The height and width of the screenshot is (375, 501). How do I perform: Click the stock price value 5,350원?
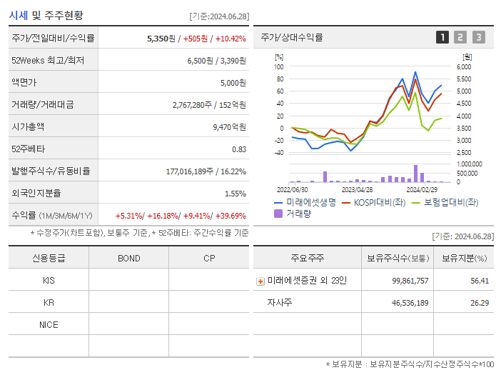(x=161, y=38)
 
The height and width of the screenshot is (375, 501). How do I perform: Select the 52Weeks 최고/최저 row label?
(x=48, y=60)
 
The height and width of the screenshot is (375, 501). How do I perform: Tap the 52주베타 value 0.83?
(x=239, y=149)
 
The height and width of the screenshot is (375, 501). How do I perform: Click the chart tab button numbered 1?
(x=442, y=37)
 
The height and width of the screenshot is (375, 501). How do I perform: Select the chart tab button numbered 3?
(x=478, y=37)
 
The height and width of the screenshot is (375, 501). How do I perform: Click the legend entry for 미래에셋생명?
(x=305, y=202)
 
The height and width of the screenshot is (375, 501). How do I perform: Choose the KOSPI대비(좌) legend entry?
(x=378, y=202)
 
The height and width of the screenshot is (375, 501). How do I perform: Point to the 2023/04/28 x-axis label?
(x=358, y=190)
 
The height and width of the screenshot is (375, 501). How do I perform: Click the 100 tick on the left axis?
(x=279, y=66)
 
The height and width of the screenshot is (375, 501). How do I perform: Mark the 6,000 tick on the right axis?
(x=464, y=66)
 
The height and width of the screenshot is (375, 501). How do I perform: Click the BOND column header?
(x=128, y=258)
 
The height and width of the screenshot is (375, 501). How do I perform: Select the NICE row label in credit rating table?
(x=49, y=324)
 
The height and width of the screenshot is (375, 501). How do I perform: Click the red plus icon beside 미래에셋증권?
(x=260, y=281)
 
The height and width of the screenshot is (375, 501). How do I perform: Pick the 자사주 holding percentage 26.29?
(x=480, y=303)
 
